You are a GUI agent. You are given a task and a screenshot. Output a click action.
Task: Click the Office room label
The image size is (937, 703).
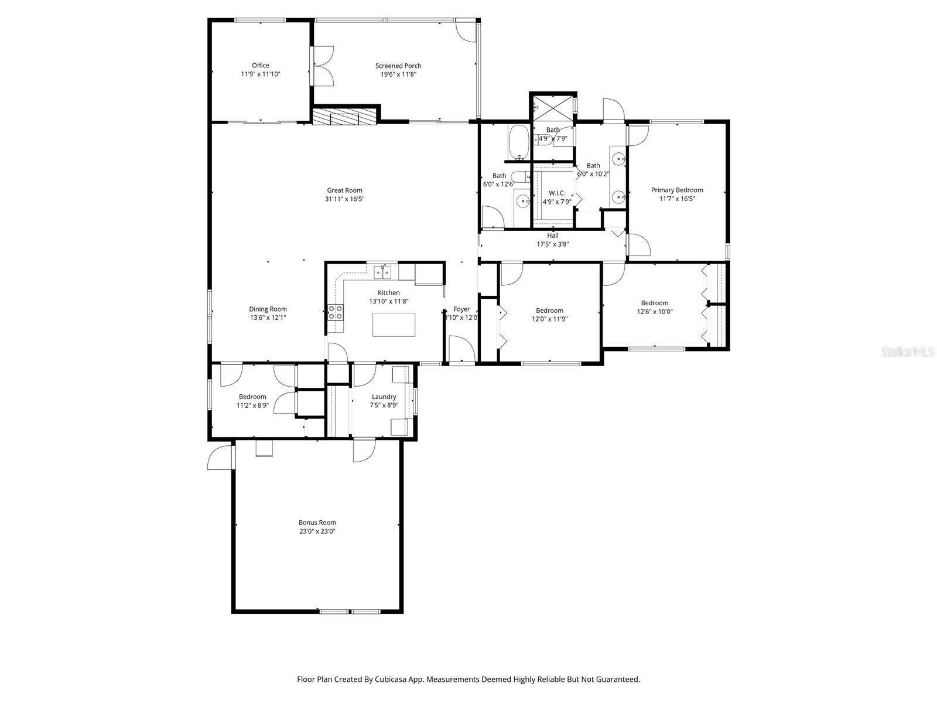(261, 66)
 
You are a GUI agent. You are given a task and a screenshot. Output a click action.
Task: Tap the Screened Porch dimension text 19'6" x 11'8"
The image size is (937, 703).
(398, 74)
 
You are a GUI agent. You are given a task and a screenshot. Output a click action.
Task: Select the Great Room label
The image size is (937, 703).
(344, 190)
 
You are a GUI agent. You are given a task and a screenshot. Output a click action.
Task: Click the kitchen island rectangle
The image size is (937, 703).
(394, 325)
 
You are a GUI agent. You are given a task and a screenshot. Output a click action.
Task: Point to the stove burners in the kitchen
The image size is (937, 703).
(336, 312)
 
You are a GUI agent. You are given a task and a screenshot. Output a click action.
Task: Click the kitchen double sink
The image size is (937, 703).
(382, 272)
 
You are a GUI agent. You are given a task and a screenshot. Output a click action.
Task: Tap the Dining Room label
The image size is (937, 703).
(268, 309)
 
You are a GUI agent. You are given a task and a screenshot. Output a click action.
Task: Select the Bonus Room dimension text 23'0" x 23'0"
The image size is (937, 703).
(317, 531)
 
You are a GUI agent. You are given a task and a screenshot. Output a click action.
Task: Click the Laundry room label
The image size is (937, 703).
(384, 397)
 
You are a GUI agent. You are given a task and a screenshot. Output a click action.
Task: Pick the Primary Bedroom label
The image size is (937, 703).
(677, 190)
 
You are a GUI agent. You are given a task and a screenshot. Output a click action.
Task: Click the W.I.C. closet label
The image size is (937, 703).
(556, 193)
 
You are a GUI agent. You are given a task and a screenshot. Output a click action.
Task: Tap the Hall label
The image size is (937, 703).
(552, 236)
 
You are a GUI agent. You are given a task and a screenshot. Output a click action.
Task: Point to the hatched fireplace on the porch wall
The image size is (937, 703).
(343, 117)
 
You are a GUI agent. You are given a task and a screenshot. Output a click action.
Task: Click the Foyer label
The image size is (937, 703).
(461, 309)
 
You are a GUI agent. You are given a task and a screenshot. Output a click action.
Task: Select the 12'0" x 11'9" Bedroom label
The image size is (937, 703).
(549, 310)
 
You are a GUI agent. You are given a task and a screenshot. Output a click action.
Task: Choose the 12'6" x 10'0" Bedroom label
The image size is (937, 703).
(654, 303)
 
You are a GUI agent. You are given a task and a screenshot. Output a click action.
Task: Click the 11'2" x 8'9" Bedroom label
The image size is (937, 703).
(252, 397)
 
